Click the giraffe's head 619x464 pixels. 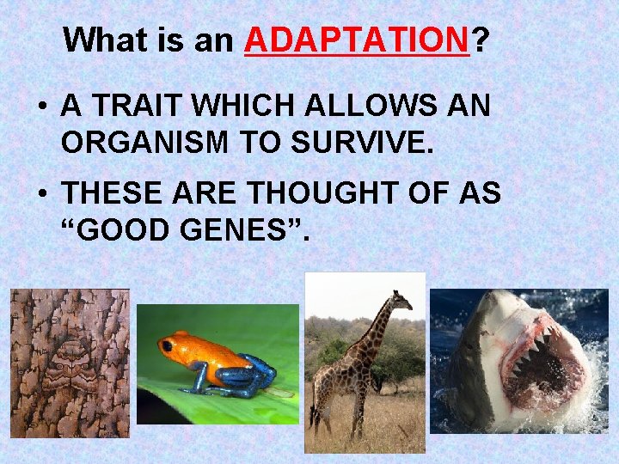398,302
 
